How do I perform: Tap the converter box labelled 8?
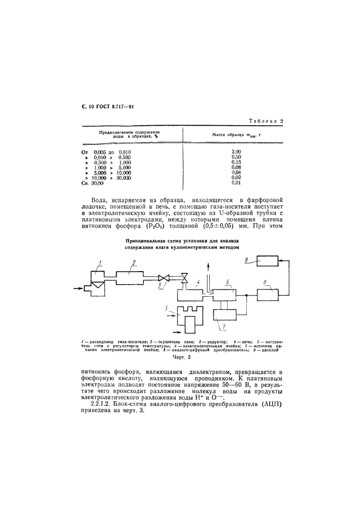click(x=267, y=296)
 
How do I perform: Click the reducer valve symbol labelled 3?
click(x=159, y=278)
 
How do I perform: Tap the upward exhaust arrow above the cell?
click(x=208, y=265)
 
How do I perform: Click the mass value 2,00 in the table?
click(x=236, y=151)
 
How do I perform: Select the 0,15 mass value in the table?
click(x=236, y=162)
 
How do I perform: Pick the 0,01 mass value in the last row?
click(x=236, y=183)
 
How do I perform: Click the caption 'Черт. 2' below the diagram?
click(x=180, y=358)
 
